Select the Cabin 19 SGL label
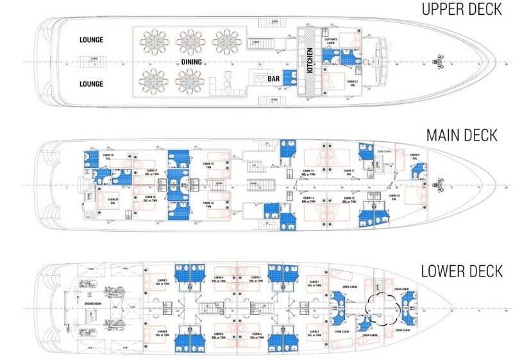(x=108, y=156)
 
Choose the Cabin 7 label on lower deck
(x=163, y=281)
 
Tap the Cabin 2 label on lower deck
(x=314, y=331)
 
